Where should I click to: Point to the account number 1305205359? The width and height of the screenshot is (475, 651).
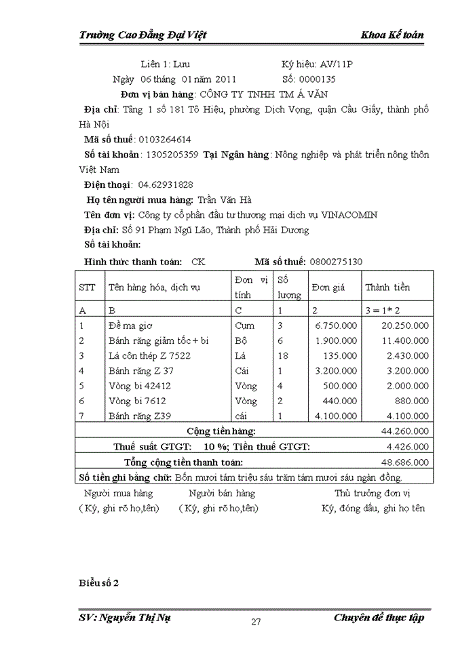pyautogui.click(x=172, y=155)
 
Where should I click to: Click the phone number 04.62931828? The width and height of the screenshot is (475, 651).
pyautogui.click(x=166, y=184)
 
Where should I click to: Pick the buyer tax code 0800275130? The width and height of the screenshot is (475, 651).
pyautogui.click(x=336, y=261)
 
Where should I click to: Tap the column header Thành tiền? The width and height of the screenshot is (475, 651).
pyautogui.click(x=387, y=288)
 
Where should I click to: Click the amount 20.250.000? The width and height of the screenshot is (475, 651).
pyautogui.click(x=405, y=325)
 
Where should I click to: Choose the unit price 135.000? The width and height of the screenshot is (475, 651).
pyautogui.click(x=339, y=355)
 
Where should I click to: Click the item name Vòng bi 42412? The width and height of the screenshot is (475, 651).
pyautogui.click(x=140, y=386)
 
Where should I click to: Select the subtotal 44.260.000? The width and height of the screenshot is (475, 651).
pyautogui.click(x=405, y=431)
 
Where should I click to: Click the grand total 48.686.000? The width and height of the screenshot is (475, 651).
pyautogui.click(x=405, y=462)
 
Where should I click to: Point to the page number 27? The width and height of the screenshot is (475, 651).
pyautogui.click(x=256, y=623)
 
